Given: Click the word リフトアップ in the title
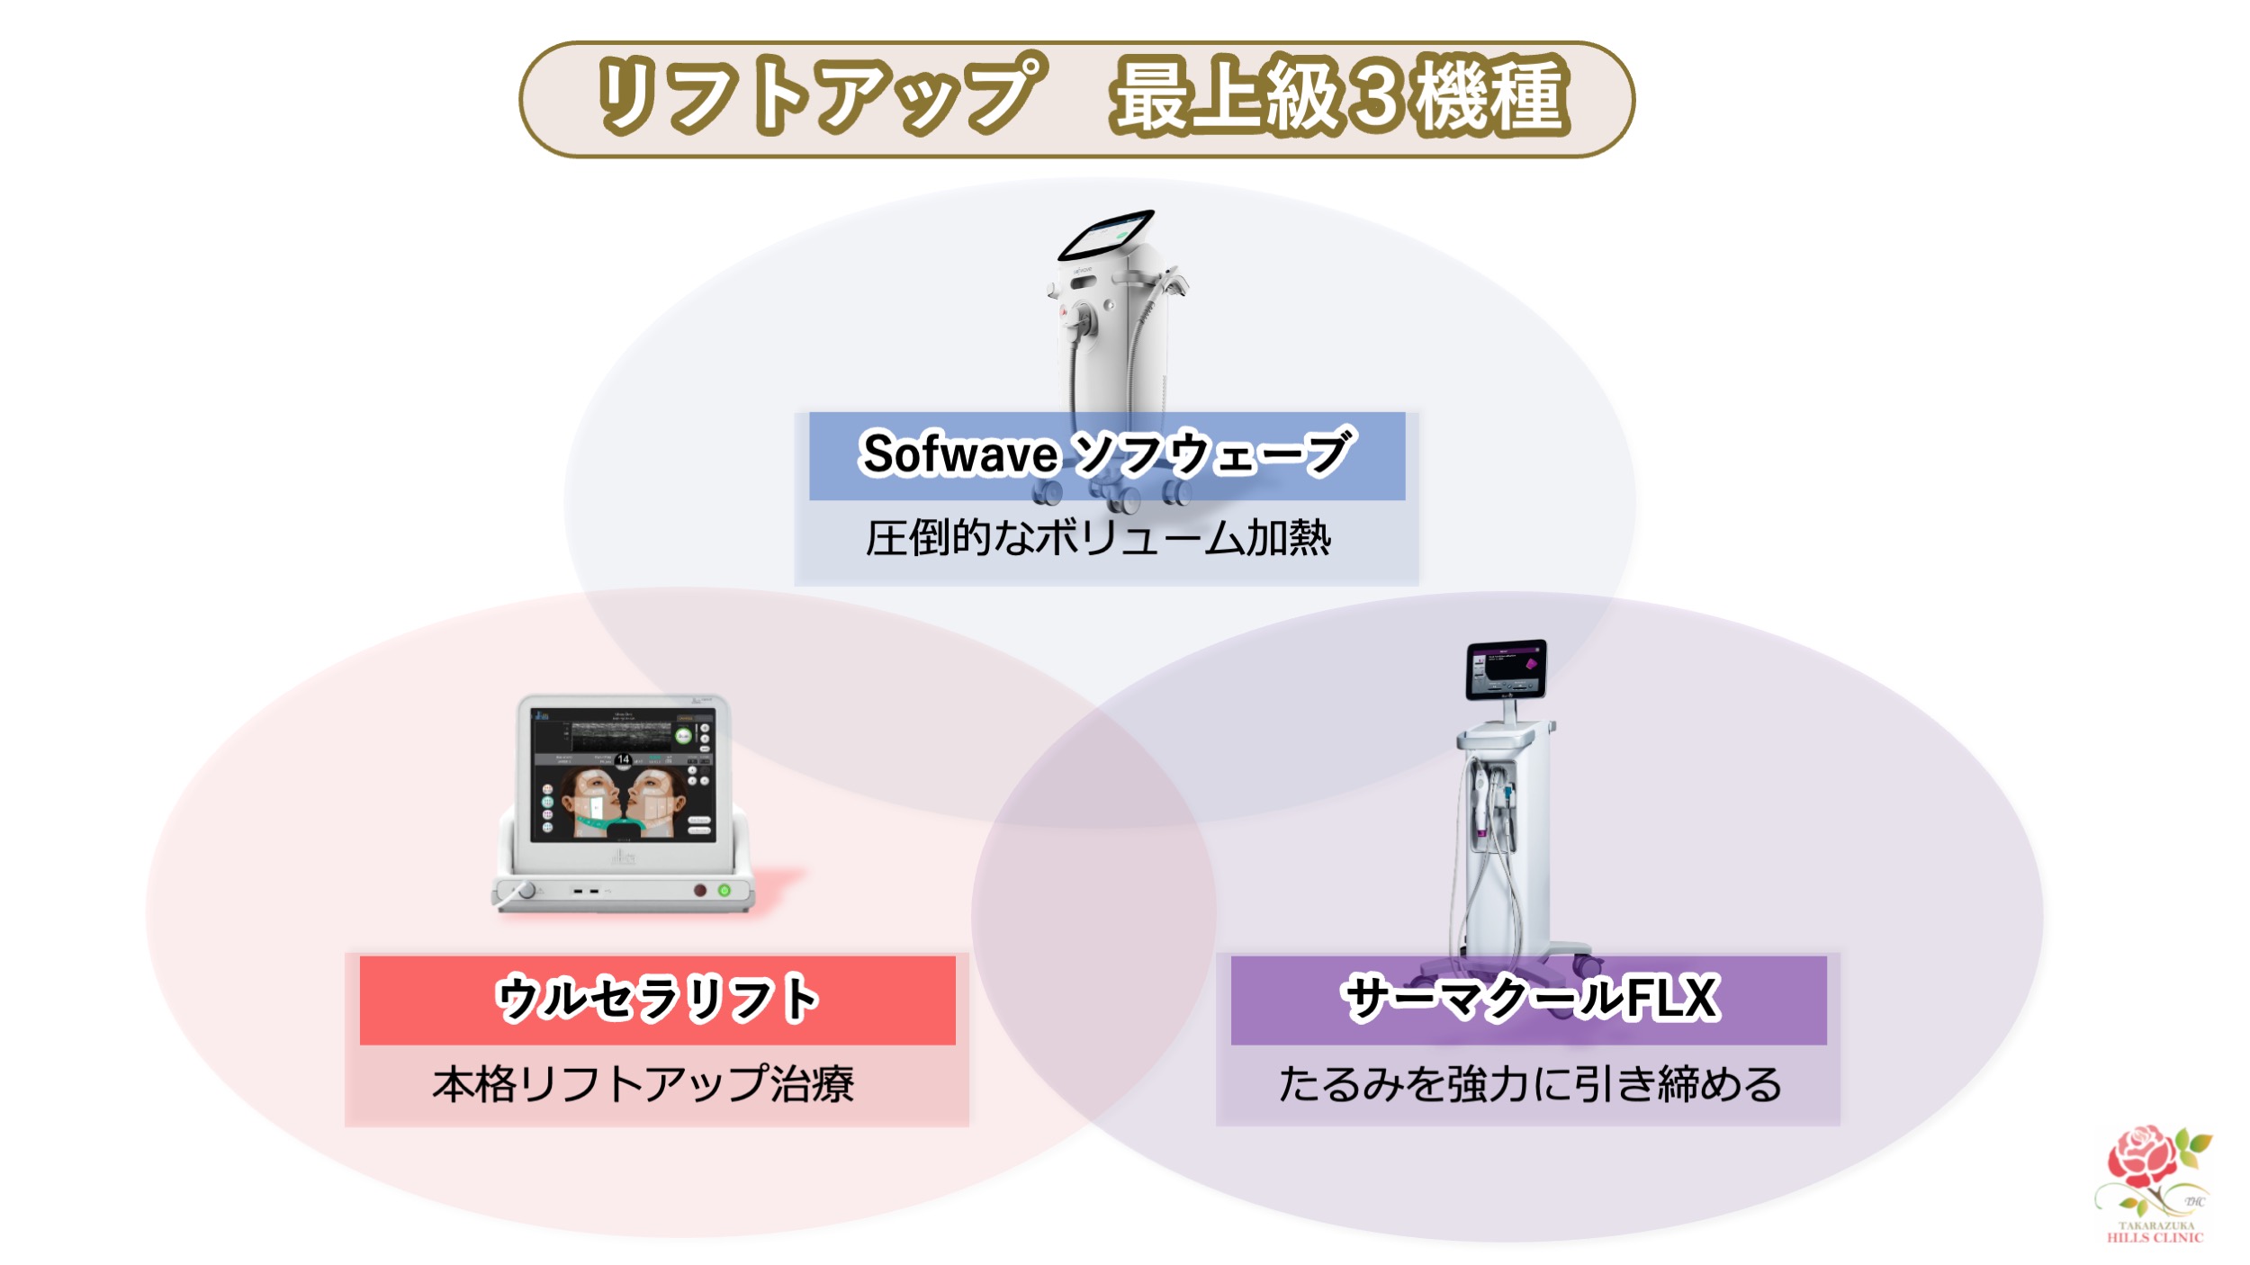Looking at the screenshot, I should (819, 94).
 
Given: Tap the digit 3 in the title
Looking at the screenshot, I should (1377, 94).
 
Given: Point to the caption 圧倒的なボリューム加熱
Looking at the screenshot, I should (1098, 538).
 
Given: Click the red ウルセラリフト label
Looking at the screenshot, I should (657, 999).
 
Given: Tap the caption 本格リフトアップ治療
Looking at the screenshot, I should (643, 1083).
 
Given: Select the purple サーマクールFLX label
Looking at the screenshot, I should (1529, 998).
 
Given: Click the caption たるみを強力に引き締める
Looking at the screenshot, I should (1529, 1083).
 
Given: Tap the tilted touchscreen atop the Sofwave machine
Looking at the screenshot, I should (1106, 235).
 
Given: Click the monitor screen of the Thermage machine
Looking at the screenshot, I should (1506, 670).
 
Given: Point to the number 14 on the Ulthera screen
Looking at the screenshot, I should (623, 759).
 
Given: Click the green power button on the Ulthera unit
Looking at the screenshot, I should (724, 890).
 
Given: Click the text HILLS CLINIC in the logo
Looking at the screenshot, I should (2155, 1238).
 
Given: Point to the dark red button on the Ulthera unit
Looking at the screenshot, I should (699, 890).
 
